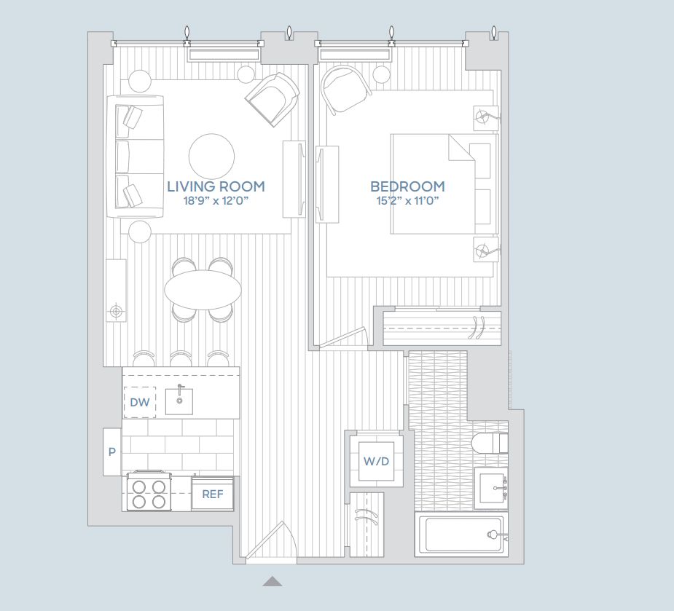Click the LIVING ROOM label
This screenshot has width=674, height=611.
(x=216, y=186)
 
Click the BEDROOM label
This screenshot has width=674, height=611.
(x=407, y=186)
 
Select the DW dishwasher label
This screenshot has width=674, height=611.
(x=139, y=402)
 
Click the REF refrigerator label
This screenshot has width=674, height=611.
(x=213, y=494)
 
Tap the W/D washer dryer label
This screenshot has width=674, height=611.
(x=376, y=461)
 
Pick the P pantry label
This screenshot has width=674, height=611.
(x=111, y=452)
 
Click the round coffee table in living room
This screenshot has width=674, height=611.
(x=212, y=156)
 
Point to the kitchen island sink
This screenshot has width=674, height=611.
(x=179, y=401)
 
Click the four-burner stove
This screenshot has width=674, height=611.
(x=149, y=492)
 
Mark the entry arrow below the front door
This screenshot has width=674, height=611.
(x=273, y=581)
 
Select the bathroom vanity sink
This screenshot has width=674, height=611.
(x=497, y=486)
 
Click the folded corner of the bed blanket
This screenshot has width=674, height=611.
(x=459, y=149)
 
